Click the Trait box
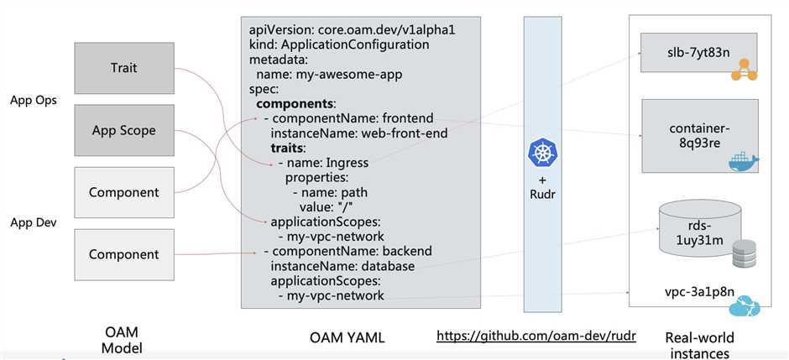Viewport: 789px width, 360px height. pos(124,67)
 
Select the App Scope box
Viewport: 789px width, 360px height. pos(124,130)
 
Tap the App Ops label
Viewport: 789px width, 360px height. pos(33,101)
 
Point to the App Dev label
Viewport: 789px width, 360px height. pos(33,223)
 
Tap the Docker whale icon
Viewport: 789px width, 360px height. pos(743,160)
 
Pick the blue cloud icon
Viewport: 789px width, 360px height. pos(745,308)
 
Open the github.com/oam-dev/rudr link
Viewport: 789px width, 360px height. pos(536,336)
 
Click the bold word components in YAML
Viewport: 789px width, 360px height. pos(295,104)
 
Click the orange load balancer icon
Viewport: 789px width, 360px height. pos(744,74)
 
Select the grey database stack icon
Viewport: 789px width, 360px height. pos(745,254)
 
